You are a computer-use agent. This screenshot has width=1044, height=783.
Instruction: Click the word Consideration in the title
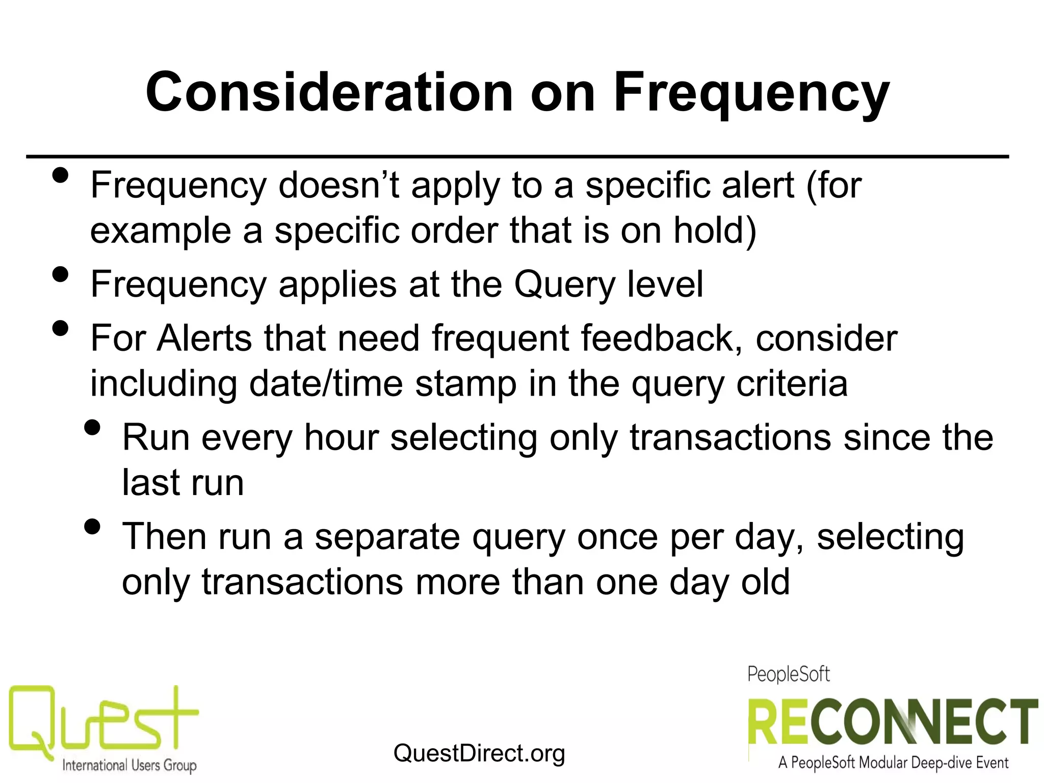(x=329, y=93)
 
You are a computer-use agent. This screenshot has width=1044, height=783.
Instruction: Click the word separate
(x=387, y=537)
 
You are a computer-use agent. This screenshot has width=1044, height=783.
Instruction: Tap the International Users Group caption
(x=129, y=765)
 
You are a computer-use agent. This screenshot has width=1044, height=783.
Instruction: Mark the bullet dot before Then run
(x=92, y=527)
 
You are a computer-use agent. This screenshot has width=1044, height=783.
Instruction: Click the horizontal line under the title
(x=517, y=156)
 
